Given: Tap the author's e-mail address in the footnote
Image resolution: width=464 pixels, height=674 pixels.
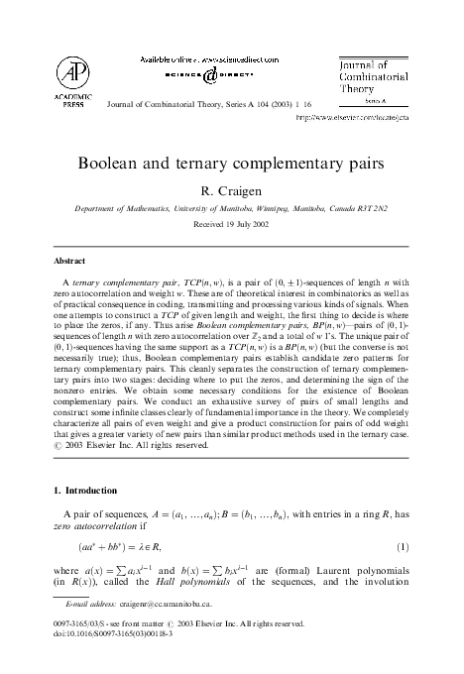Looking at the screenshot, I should (x=160, y=603).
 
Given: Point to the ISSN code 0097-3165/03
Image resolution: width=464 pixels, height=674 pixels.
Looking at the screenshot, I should (x=78, y=623).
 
